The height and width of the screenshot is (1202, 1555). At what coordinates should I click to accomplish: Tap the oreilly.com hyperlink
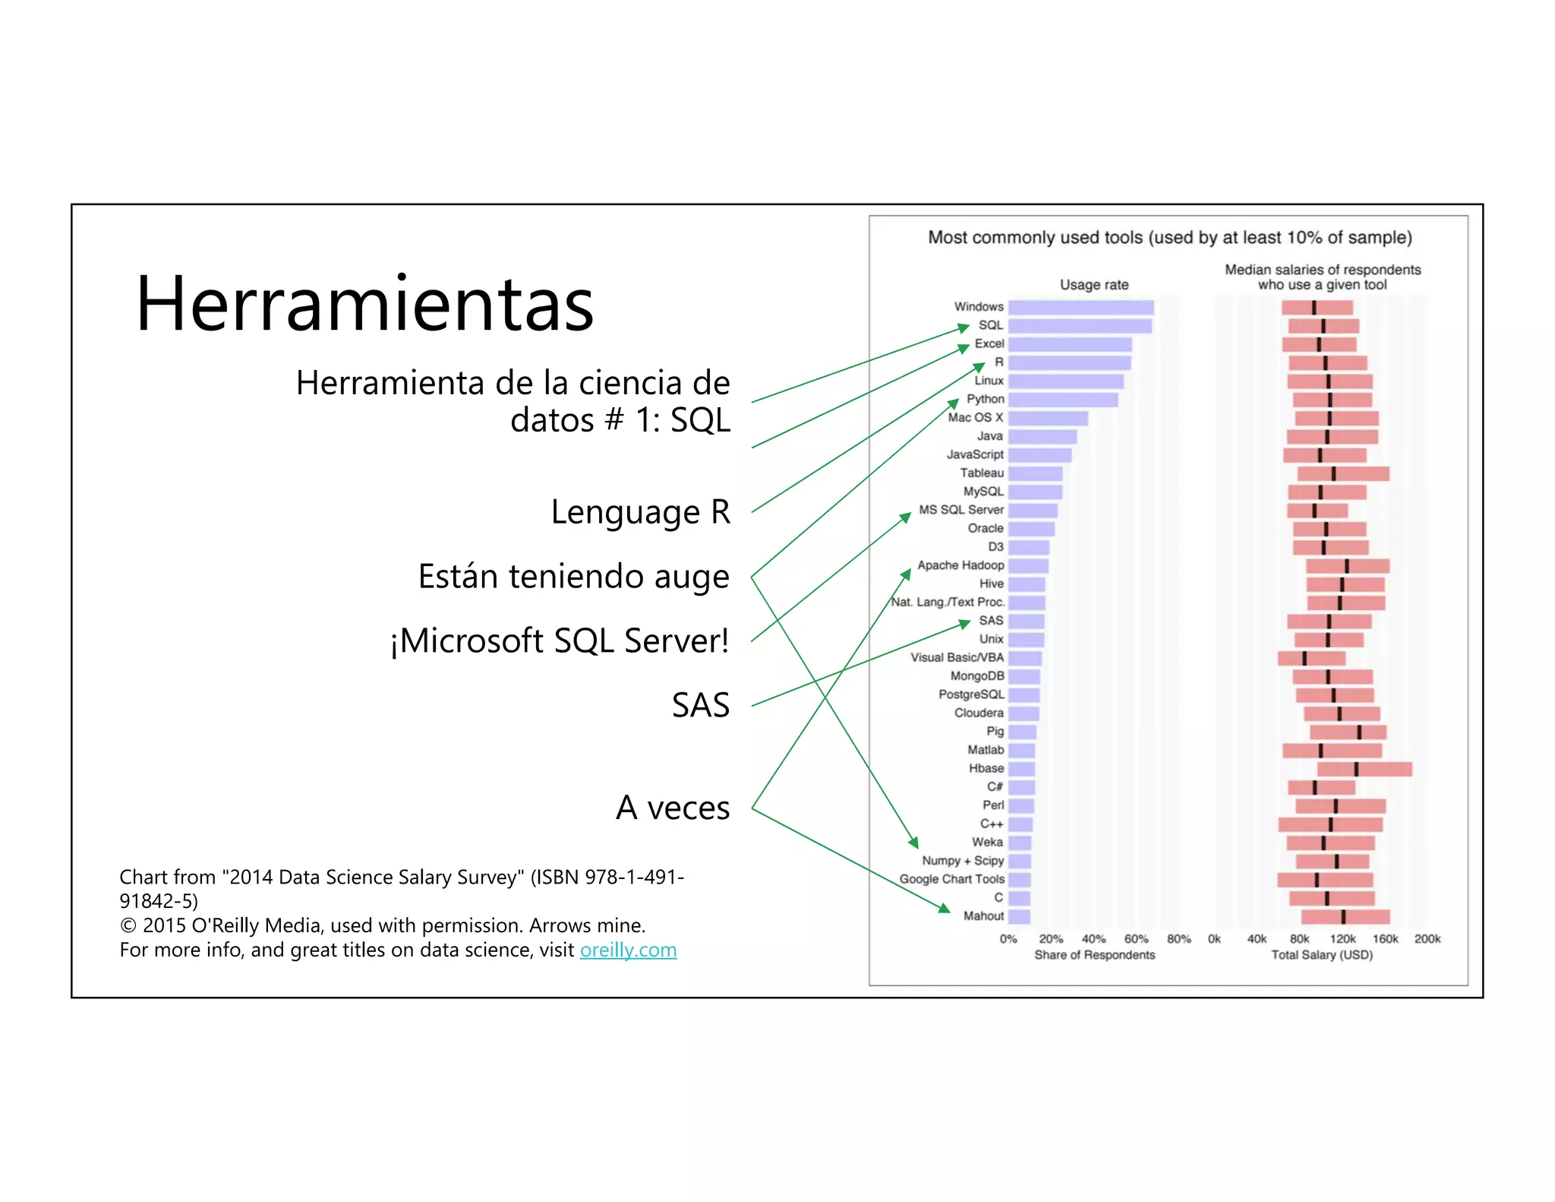628,950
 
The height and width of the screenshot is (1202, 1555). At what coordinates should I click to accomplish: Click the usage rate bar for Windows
1080,307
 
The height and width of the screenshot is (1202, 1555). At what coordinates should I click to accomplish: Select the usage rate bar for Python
1062,400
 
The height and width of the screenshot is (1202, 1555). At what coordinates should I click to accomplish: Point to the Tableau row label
981,473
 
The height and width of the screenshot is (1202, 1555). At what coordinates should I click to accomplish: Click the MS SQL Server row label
960,510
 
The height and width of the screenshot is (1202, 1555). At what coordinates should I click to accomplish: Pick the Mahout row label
983,916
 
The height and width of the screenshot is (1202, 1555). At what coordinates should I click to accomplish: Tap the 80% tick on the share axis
1178,939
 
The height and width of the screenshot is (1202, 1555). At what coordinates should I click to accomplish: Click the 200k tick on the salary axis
1427,939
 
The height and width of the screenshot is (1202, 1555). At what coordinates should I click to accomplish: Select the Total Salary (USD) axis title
1322,955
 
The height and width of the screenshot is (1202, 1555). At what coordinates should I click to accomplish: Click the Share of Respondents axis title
1094,955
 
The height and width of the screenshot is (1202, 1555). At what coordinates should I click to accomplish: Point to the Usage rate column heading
1094,285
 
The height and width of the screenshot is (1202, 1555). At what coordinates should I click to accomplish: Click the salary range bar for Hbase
1364,769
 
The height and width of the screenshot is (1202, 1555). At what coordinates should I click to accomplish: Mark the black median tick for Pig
1359,732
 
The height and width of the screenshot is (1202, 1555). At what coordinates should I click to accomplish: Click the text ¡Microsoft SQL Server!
560,641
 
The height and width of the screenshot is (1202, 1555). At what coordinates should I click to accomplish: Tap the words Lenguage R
640,511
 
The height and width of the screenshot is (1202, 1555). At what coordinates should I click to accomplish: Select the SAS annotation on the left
700,705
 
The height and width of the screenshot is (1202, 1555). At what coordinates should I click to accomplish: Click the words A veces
673,807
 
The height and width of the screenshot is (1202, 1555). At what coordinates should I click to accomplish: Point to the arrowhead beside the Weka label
915,843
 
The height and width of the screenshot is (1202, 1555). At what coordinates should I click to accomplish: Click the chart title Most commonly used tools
1169,238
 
